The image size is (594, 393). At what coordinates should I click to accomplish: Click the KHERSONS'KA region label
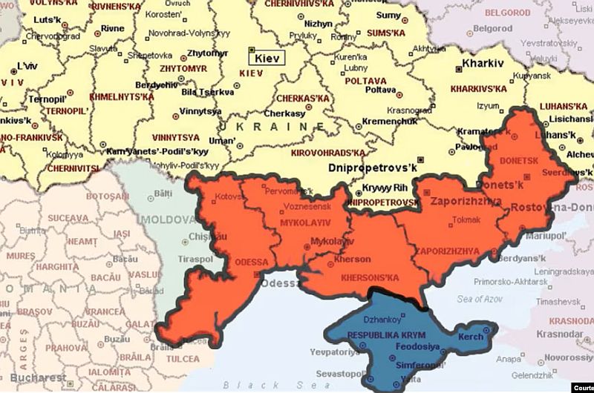370,277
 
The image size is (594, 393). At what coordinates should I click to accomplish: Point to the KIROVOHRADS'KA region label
332,153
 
